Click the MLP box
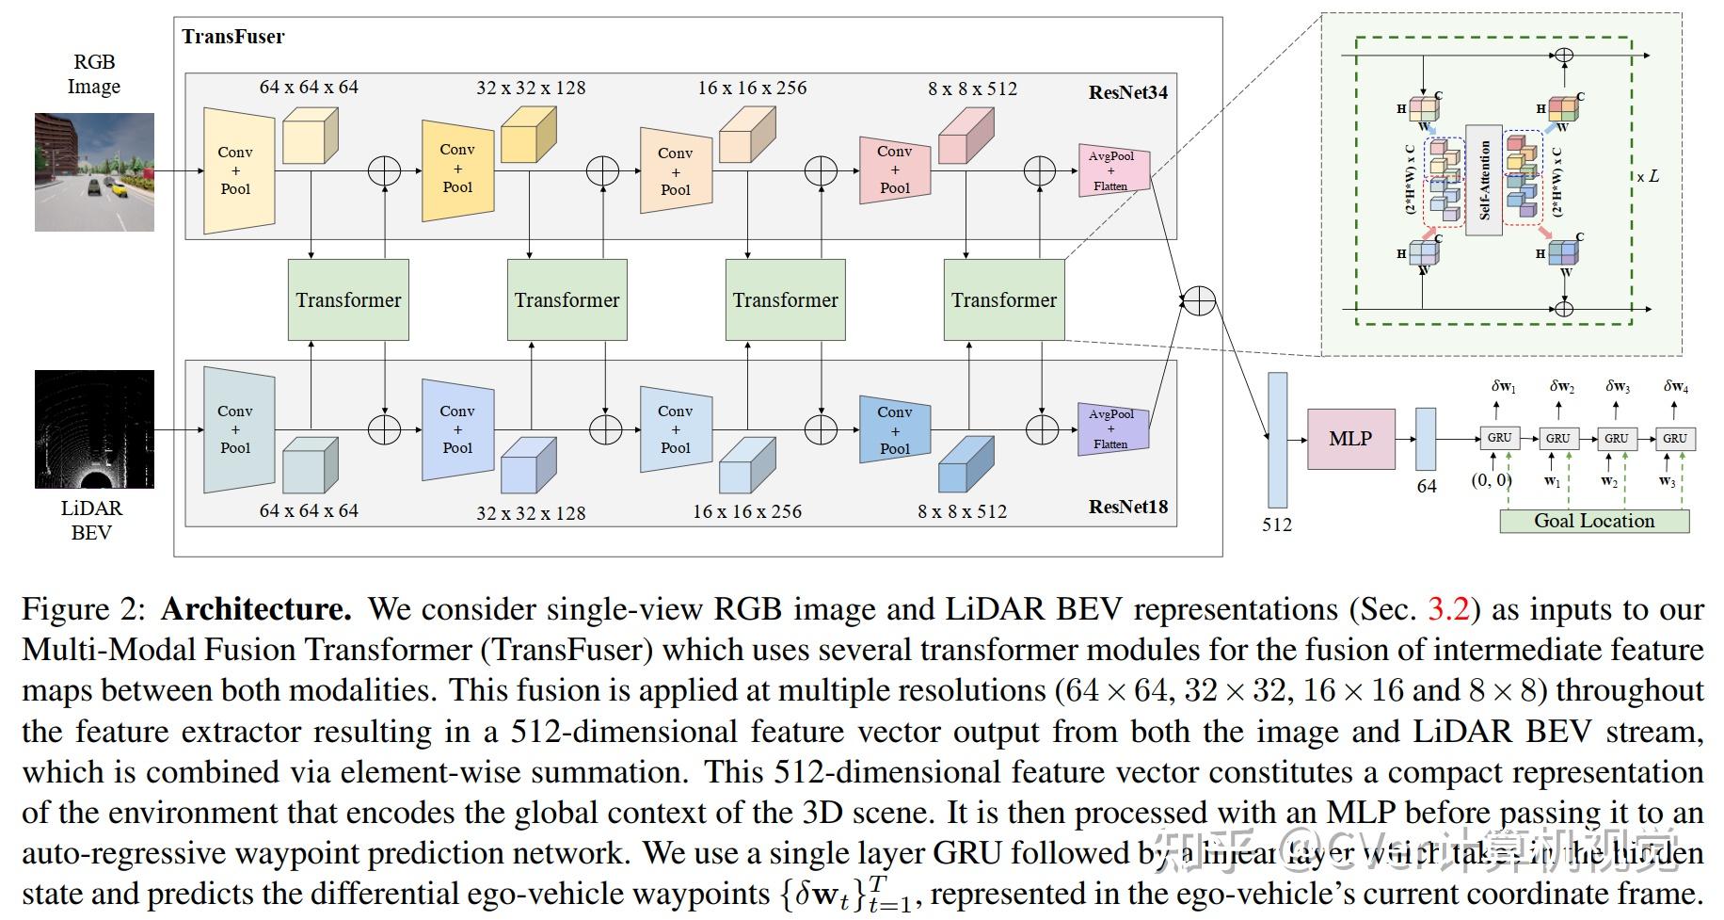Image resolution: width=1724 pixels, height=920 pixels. (1350, 439)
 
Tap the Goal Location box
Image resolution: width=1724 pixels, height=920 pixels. (1593, 521)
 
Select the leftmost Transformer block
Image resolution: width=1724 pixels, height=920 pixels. (348, 300)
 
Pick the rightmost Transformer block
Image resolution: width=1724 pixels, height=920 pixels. (1003, 300)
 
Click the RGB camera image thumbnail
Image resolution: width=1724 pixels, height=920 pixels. (94, 172)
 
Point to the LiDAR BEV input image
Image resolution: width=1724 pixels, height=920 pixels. (94, 429)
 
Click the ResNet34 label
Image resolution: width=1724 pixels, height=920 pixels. (1127, 92)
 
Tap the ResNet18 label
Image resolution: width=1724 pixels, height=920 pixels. (1127, 507)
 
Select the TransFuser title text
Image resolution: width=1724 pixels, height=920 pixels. (233, 37)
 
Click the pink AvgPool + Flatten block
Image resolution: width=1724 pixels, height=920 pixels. (1113, 170)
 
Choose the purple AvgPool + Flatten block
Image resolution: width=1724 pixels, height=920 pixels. (1112, 428)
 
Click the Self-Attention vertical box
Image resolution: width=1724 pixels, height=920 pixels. (1484, 179)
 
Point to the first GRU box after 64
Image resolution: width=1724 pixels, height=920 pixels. (1499, 438)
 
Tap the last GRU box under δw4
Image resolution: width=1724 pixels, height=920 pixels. (1674, 438)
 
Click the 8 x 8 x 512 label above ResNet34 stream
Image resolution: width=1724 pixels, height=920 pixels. (972, 89)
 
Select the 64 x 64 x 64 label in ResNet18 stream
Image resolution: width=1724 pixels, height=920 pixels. (309, 510)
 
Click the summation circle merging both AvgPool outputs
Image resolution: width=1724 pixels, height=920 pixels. (1199, 300)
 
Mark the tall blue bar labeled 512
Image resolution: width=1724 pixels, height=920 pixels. (1277, 440)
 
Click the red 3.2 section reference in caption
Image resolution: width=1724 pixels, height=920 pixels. (1448, 609)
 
